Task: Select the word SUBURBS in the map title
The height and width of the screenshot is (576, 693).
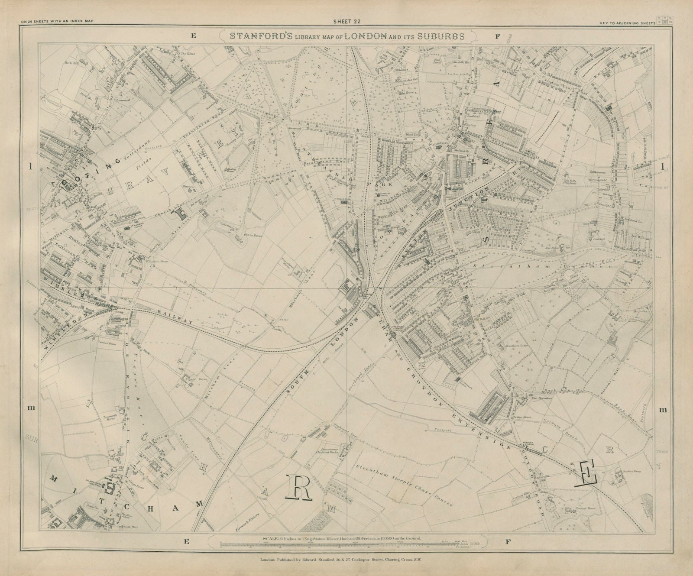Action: (441, 36)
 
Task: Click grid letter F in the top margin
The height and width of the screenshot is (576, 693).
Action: (497, 37)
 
